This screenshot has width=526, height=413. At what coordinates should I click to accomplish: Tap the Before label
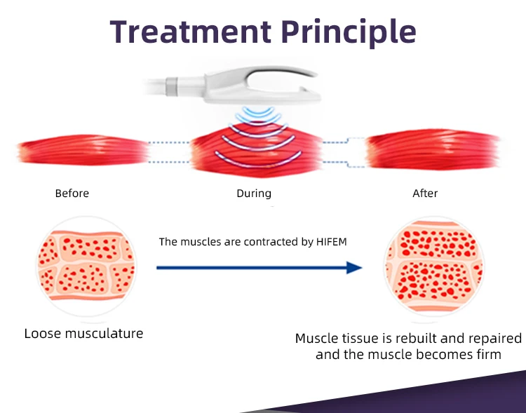72,194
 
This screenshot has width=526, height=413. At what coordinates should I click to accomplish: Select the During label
253,194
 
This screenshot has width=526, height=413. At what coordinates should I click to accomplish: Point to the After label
425,194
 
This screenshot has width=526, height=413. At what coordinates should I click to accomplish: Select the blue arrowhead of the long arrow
354,267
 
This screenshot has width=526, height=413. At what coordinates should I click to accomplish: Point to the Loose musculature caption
83,333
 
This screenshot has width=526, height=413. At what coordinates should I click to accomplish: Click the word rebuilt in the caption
405,339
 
